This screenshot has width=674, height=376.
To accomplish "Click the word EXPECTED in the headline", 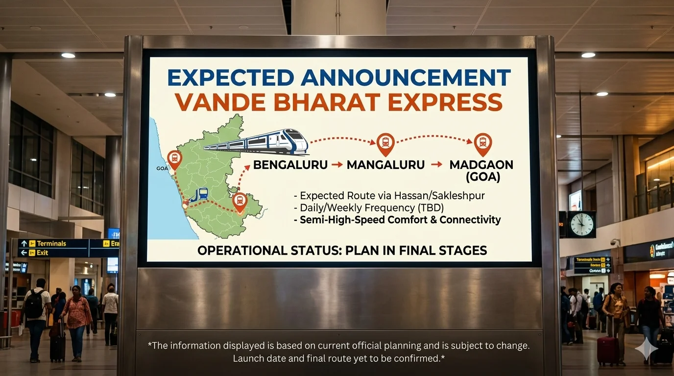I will point(230,78).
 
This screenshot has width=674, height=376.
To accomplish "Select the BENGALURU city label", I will point(290,165).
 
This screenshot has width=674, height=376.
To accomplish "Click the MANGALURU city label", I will point(385,165).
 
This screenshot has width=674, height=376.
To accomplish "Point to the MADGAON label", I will point(481,165).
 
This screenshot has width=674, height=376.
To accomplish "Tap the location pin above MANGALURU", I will point(385,142).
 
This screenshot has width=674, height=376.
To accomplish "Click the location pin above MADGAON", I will point(483,142).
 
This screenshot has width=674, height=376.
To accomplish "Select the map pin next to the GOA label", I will point(174,158).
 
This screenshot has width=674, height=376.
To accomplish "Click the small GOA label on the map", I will point(162,168).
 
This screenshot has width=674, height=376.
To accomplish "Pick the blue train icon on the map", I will point(200,194).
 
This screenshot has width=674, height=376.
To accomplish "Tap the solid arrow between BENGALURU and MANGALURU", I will point(337,165).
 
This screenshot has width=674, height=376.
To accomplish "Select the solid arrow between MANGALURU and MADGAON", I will point(436,165).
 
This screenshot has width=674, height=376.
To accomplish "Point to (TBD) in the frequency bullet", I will point(429,208).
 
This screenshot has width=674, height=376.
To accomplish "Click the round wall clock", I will point(581,224).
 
